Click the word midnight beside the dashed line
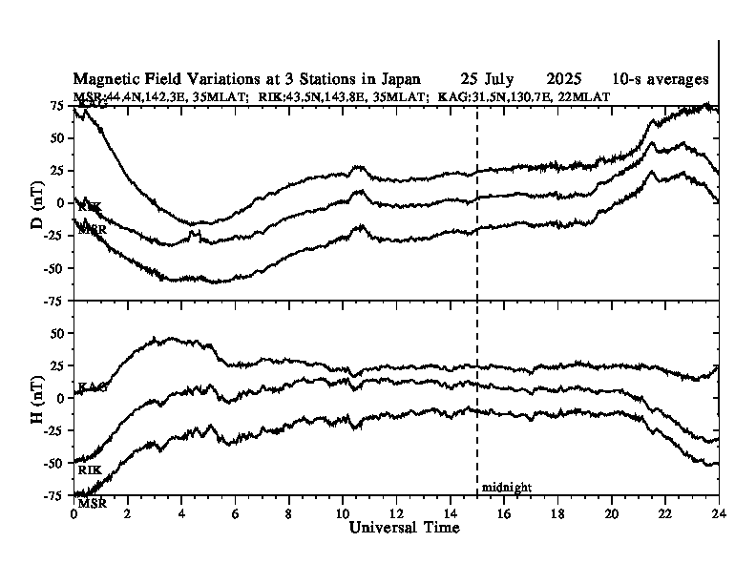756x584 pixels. pyautogui.click(x=507, y=487)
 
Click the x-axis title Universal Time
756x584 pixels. pyautogui.click(x=405, y=528)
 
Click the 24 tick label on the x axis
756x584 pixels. pyautogui.click(x=719, y=512)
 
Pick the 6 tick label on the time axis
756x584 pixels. pyautogui.click(x=235, y=512)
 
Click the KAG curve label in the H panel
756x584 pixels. pyautogui.click(x=92, y=386)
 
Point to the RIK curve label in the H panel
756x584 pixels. pyautogui.click(x=90, y=469)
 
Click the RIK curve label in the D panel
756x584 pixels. pyautogui.click(x=90, y=207)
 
